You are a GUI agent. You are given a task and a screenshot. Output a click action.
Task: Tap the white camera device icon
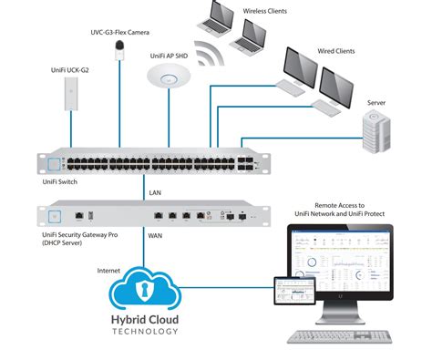(118, 53)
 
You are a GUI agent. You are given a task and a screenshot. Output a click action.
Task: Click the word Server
(375, 104)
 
